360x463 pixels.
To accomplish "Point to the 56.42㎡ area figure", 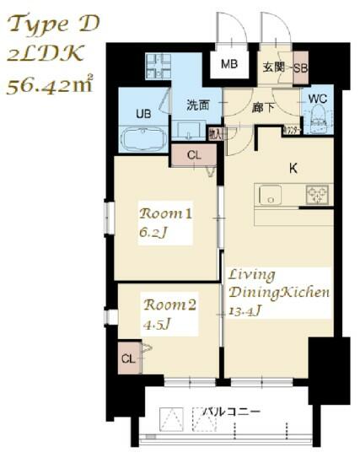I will tap(50, 84).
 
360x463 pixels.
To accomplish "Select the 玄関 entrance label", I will tap(272, 67).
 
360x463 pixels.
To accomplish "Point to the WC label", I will tap(317, 99).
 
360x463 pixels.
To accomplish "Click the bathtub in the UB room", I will tap(144, 139).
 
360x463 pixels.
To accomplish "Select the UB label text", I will tap(143, 112).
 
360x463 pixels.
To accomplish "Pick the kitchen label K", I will tap(293, 168).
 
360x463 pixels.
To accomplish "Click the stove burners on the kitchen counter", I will tap(318, 195).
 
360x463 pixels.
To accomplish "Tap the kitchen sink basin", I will tap(271, 195).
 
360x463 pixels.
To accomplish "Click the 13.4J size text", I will tap(246, 310).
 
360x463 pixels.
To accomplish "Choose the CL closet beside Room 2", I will tap(128, 358).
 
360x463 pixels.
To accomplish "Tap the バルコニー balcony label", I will tap(233, 412).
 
